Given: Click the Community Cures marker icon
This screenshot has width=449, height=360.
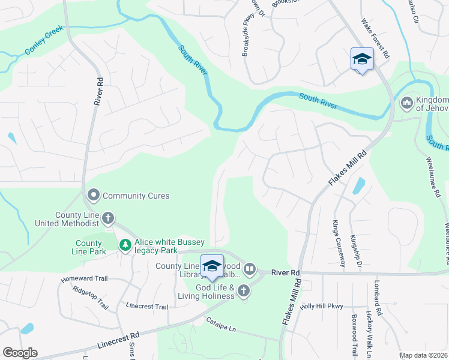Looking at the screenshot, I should [94, 195].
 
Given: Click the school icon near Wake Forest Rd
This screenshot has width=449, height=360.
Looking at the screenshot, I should [362, 59].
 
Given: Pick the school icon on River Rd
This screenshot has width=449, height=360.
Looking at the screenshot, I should [212, 266].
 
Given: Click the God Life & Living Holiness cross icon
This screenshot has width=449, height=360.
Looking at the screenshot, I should [243, 291].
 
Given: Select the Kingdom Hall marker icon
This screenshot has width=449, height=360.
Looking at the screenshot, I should [406, 103].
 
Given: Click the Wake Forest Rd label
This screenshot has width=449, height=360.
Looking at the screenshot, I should [376, 38].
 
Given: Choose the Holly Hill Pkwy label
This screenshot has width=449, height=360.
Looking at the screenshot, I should [321, 306].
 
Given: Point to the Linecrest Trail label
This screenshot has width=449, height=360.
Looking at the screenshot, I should [147, 307].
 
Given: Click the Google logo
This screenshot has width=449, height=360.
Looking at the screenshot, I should [20, 353].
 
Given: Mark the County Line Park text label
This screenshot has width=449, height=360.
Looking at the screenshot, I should [89, 247].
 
